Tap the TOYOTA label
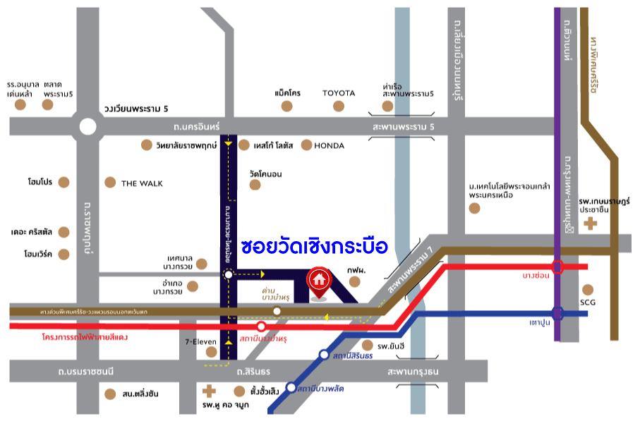click(x=339, y=93)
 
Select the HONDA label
click(x=329, y=146)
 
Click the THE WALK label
click(x=142, y=183)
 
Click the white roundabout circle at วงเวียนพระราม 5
click(x=87, y=127)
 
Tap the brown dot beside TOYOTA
click(x=339, y=106)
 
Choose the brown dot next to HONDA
click(x=306, y=145)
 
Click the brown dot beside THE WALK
click(x=109, y=183)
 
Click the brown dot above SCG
click(x=588, y=289)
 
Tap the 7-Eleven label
click(x=201, y=341)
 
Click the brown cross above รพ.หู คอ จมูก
click(x=208, y=391)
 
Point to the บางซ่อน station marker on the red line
click(x=557, y=267)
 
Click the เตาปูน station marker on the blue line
click(x=557, y=312)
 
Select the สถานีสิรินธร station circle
click(x=324, y=355)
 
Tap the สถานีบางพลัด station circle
click(x=291, y=387)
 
